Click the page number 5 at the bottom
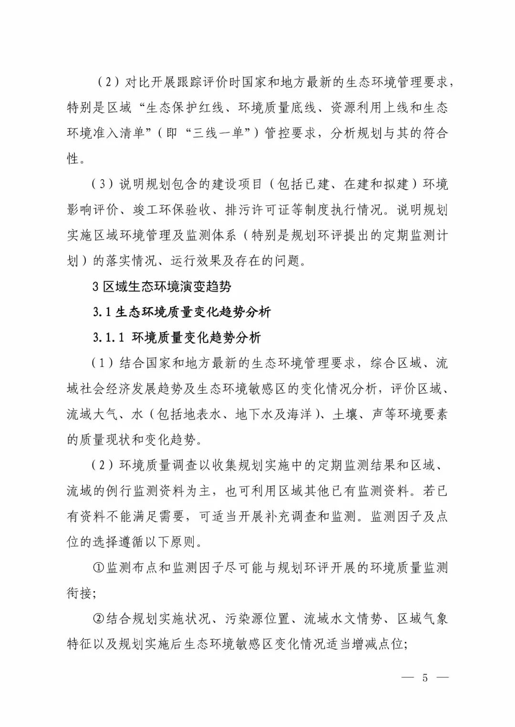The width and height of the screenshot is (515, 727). point(424,678)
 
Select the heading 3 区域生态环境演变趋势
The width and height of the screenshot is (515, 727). point(162,286)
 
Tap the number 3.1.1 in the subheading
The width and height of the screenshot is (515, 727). point(109,338)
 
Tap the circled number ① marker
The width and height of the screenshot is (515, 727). point(98,567)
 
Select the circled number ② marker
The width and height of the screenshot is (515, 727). point(98,619)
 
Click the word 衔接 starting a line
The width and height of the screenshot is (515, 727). point(79,593)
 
